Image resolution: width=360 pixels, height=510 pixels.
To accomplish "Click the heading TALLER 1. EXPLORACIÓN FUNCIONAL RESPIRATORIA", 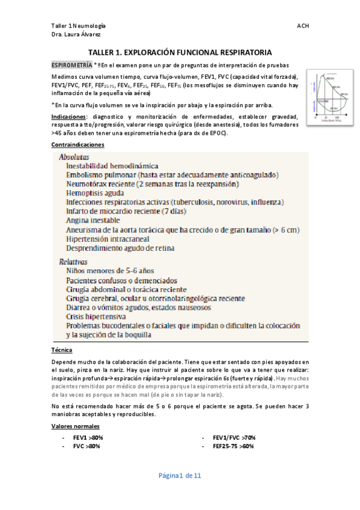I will pyautogui.click(x=180, y=52).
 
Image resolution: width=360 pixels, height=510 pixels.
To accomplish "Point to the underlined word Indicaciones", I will pyautogui.click(x=67, y=116).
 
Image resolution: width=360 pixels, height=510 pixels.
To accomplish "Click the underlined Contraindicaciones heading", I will pyautogui.click(x=78, y=145).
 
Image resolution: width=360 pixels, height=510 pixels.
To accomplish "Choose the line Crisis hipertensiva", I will pyautogui.click(x=96, y=316).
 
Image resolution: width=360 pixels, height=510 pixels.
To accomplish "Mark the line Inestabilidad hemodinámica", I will pyautogui.click(x=112, y=165).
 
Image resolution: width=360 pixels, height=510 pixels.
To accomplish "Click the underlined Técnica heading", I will pyautogui.click(x=63, y=350).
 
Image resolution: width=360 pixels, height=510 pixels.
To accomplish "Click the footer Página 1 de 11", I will pyautogui.click(x=180, y=476).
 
